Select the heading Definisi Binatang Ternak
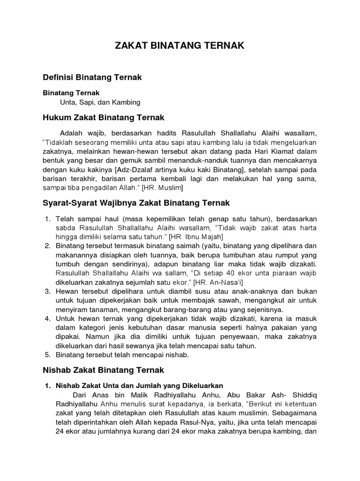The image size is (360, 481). [92, 76]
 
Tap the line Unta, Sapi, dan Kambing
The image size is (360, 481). [100, 102]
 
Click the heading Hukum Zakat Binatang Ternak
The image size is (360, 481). [103, 117]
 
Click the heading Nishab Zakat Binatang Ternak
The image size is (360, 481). [103, 370]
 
